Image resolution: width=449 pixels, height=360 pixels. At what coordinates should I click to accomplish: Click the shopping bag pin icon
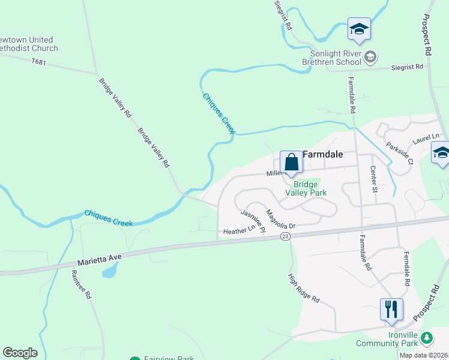coord(291,163)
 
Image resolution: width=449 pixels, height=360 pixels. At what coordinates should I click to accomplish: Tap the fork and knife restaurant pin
coord(391,310)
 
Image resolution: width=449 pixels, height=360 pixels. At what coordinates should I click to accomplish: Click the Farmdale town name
coord(323,154)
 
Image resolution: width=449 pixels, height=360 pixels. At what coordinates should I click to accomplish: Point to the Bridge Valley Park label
coord(310,188)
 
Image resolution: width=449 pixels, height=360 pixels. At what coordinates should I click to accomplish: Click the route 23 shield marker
coord(285,237)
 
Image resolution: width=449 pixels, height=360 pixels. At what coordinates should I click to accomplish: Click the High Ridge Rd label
coord(304,288)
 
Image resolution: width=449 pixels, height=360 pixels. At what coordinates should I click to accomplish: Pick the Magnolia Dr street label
coord(281,220)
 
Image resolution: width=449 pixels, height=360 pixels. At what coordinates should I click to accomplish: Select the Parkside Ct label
coord(400,153)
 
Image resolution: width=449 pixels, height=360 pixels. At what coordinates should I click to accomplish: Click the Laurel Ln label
coord(426,140)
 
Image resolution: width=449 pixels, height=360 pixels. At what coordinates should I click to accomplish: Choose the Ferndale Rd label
coord(406,268)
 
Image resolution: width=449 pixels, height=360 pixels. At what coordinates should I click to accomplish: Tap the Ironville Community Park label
coord(387,339)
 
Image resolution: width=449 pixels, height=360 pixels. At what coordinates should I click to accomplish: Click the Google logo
coord(20,353)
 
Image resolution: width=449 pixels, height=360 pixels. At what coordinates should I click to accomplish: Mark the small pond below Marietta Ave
coord(110,271)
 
